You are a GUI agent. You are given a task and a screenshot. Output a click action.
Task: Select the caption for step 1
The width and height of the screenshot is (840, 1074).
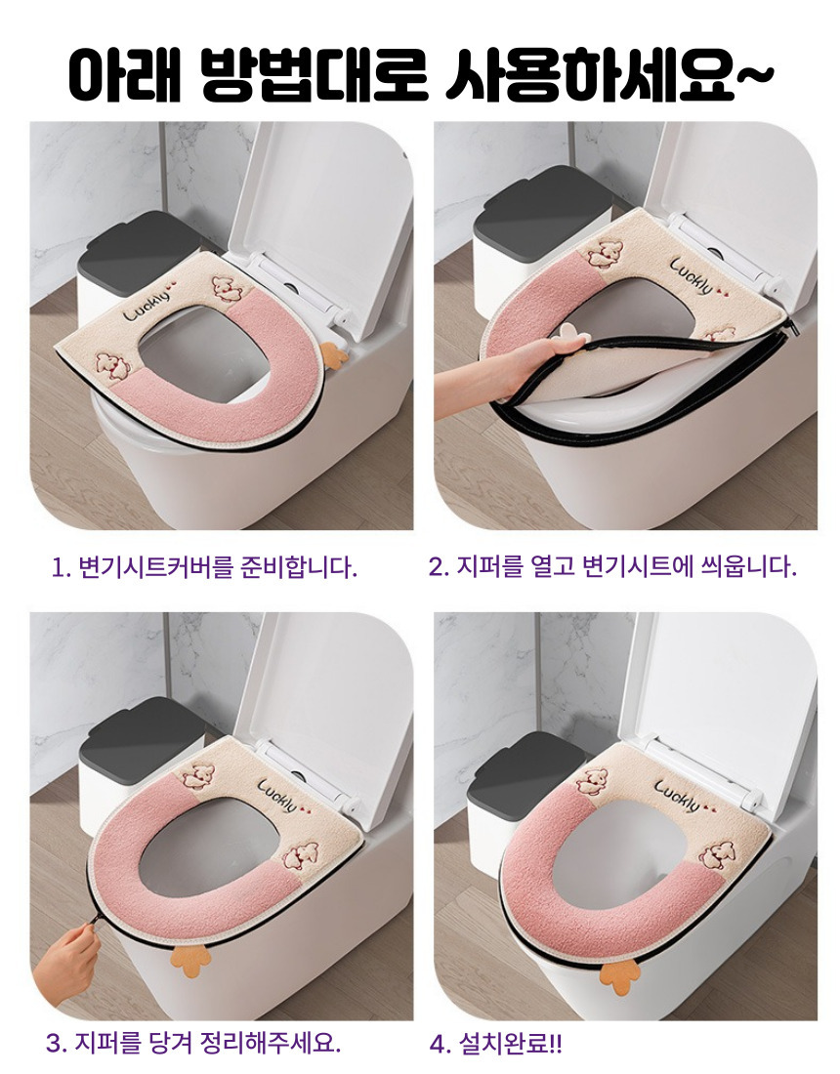(x=205, y=567)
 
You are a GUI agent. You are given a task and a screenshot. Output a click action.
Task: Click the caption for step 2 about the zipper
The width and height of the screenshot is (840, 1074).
(x=612, y=567)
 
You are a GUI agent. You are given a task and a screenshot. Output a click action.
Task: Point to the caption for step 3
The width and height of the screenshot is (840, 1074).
(x=193, y=1043)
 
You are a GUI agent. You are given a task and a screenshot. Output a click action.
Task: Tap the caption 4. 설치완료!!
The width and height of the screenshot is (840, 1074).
(x=495, y=1044)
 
